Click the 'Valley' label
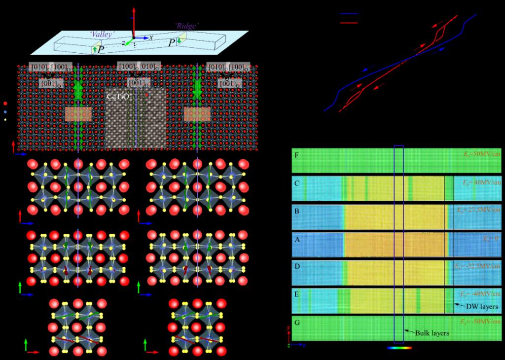(102, 34)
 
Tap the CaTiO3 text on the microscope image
(119, 97)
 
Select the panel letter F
(296, 154)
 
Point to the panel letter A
(297, 239)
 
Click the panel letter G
(297, 323)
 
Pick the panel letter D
(297, 267)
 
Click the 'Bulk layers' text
(433, 333)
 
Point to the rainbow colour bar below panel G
(399, 348)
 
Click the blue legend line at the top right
(349, 14)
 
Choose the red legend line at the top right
(349, 23)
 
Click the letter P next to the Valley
(101, 50)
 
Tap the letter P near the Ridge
(172, 43)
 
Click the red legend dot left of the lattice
(5, 104)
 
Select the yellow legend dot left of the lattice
(5, 119)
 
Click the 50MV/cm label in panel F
(480, 154)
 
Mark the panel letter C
(297, 183)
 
